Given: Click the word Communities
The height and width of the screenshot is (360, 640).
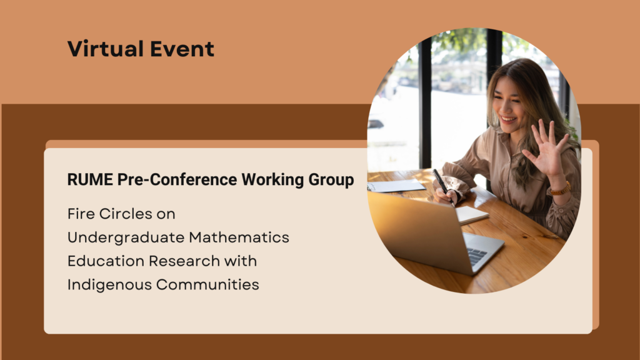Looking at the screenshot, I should [x=207, y=284].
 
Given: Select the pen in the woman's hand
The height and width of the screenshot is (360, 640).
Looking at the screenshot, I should [x=441, y=182].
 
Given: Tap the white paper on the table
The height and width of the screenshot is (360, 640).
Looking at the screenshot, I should [x=397, y=186].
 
